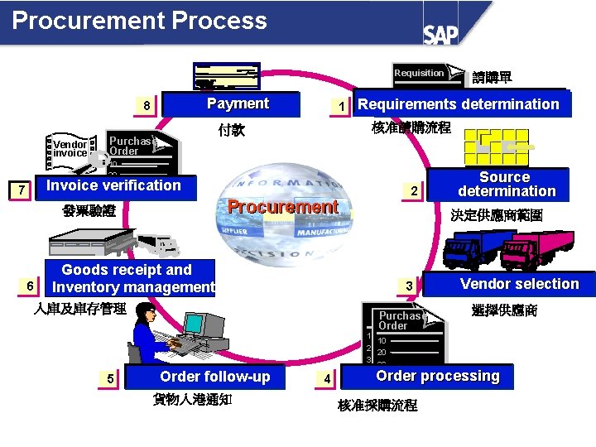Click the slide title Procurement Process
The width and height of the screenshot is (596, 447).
pos(140,21)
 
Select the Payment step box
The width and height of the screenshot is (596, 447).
pos(238,103)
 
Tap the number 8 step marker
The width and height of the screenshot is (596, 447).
pos(147,106)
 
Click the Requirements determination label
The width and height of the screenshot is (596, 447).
pos(459,103)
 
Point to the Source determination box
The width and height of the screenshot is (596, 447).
pos(506,184)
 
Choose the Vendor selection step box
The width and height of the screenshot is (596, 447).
pos(519,284)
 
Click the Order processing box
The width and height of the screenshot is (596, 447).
pos(437,376)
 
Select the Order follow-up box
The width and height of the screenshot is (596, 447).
pos(214,377)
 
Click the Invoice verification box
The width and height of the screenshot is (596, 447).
pos(113,185)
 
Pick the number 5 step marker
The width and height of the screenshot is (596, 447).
pos(110,378)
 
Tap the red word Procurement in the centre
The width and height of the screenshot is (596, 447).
pos(282,207)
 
